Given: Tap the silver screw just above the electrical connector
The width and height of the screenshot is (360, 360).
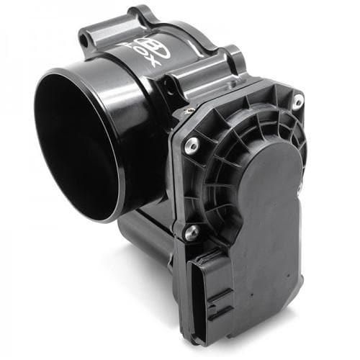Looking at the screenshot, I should [191, 233].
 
